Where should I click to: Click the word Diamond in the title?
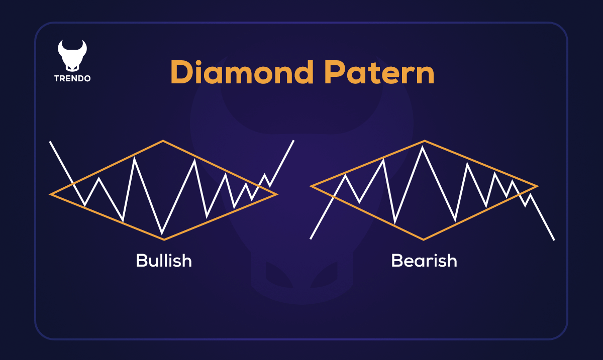pyautogui.click(x=242, y=72)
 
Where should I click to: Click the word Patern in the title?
pyautogui.click(x=379, y=73)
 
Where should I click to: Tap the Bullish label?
pyautogui.click(x=164, y=260)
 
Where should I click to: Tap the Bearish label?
pyautogui.click(x=424, y=260)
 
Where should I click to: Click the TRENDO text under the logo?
pyautogui.click(x=72, y=78)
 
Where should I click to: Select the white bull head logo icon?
pyautogui.click(x=72, y=56)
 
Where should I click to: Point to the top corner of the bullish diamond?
pyautogui.click(x=163, y=141)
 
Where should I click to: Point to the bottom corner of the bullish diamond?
pyautogui.click(x=164, y=239)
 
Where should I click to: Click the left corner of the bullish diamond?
pyautogui.click(x=50, y=194)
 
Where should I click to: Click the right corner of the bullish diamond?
pyautogui.click(x=277, y=194)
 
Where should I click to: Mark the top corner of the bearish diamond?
pyautogui.click(x=425, y=141)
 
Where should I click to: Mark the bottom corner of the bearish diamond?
pyautogui.click(x=424, y=239)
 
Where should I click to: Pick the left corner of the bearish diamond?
pyautogui.click(x=311, y=186)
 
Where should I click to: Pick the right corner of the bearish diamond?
pyautogui.click(x=538, y=186)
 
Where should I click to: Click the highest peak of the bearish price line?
pyautogui.click(x=422, y=147)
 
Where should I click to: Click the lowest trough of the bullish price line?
pyautogui.click(x=162, y=233)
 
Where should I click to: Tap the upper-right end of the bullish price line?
pyautogui.click(x=293, y=141)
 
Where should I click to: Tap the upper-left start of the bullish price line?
pyautogui.click(x=50, y=142)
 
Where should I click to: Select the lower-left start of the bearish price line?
pyautogui.click(x=311, y=238)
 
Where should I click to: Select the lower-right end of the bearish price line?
pyautogui.click(x=554, y=239)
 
